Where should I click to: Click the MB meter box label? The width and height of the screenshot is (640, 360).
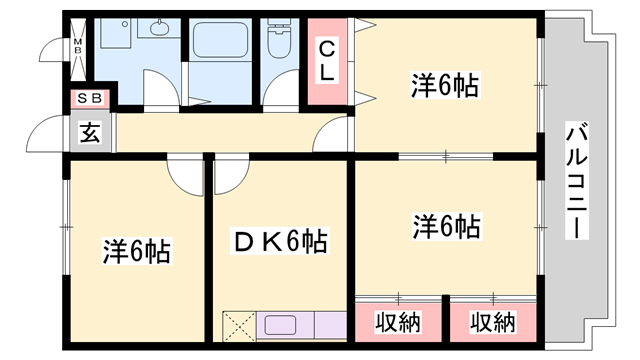pyautogui.click(x=79, y=46)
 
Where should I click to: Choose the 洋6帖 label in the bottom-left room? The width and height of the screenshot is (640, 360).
pyautogui.click(x=136, y=251)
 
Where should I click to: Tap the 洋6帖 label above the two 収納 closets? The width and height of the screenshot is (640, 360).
pyautogui.click(x=445, y=226)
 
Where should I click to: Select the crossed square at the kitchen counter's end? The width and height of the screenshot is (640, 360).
pyautogui.click(x=240, y=327)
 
